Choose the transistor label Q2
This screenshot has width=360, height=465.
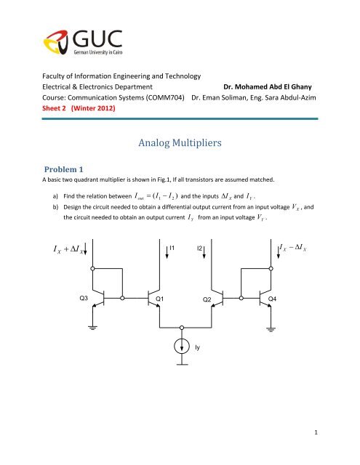click(x=207, y=299)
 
